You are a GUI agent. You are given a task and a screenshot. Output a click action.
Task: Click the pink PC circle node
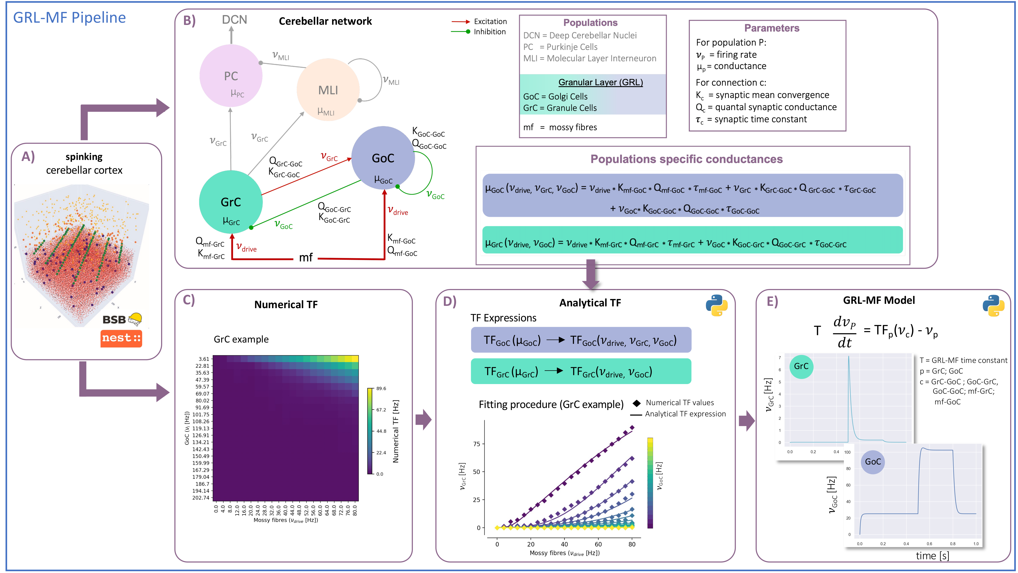pyautogui.click(x=231, y=76)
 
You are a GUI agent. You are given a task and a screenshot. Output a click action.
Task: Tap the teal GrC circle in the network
pyautogui.click(x=231, y=202)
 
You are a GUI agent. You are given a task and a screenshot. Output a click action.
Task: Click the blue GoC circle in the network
pyautogui.click(x=383, y=158)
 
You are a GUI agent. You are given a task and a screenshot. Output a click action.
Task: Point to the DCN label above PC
pyautogui.click(x=234, y=20)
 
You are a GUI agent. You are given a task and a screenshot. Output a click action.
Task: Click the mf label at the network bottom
pyautogui.click(x=305, y=258)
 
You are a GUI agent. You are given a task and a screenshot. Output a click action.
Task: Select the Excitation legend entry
pyautogui.click(x=490, y=21)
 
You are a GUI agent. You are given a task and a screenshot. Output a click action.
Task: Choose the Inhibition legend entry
pyautogui.click(x=489, y=32)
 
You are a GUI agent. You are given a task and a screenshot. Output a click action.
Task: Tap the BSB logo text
pyautogui.click(x=114, y=320)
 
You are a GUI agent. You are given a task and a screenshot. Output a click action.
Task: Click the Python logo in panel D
pyautogui.click(x=716, y=305)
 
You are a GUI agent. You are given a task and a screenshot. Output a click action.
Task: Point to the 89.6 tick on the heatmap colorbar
pyautogui.click(x=381, y=388)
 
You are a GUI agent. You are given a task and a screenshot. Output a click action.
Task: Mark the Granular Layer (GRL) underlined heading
pyautogui.click(x=600, y=82)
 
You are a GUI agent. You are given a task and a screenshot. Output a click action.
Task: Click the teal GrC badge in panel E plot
pyautogui.click(x=801, y=366)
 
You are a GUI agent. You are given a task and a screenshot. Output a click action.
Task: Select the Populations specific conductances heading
pyautogui.click(x=686, y=159)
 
